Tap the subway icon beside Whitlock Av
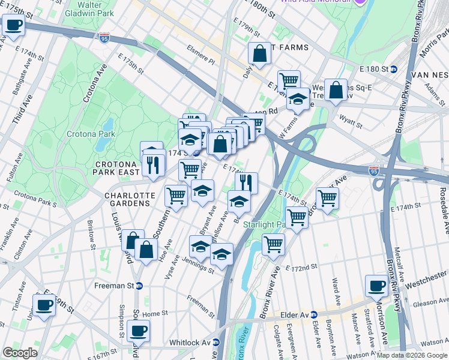[217, 342]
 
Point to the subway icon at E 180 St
[394, 69]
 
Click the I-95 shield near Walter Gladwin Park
[104, 38]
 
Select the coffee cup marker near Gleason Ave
[377, 286]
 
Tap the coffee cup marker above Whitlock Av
[138, 330]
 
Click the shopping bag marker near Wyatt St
[337, 90]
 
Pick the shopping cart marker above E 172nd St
[273, 244]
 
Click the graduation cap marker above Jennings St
[221, 254]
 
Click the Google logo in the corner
[20, 353]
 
